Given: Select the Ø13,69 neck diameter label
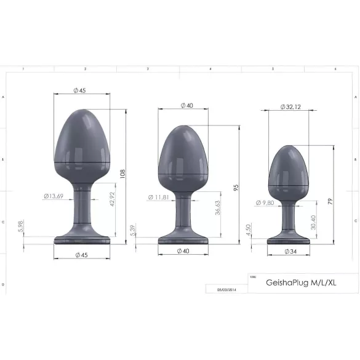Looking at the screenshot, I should coord(54,196).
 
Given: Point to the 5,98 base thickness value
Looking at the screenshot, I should coord(20,228).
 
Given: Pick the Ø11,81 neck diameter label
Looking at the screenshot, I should coord(159,198).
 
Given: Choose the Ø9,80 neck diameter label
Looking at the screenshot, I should coord(266,202).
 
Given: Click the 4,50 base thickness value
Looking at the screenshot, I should coord(248,230).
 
